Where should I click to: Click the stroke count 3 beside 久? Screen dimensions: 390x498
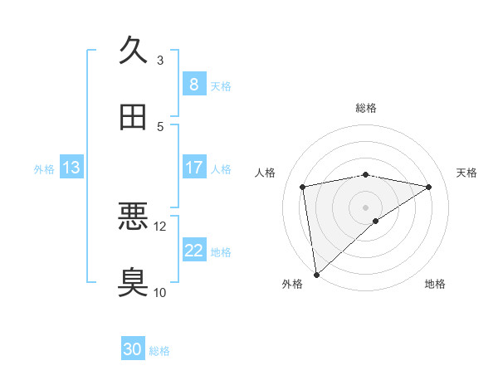point(160,61)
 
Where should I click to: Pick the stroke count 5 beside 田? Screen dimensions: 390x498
point(160,127)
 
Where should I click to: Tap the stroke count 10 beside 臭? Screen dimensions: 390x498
point(160,292)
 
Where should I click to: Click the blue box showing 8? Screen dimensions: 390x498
point(193,84)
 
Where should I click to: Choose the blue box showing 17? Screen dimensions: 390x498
point(193,168)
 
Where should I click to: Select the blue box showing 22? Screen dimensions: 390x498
point(193,251)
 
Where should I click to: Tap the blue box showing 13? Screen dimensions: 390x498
point(71,168)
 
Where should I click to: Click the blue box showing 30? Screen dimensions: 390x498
point(133,350)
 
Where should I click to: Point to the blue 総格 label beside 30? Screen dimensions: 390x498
point(159,351)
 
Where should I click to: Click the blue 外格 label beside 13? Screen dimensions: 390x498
point(44,168)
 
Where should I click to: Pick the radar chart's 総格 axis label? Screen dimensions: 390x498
point(366,108)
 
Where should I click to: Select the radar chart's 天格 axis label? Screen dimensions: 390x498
point(467,173)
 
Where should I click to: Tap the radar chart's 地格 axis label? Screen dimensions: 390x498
point(435,285)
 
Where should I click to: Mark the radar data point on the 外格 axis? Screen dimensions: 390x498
point(316,275)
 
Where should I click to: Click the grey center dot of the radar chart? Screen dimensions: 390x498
point(366,207)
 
